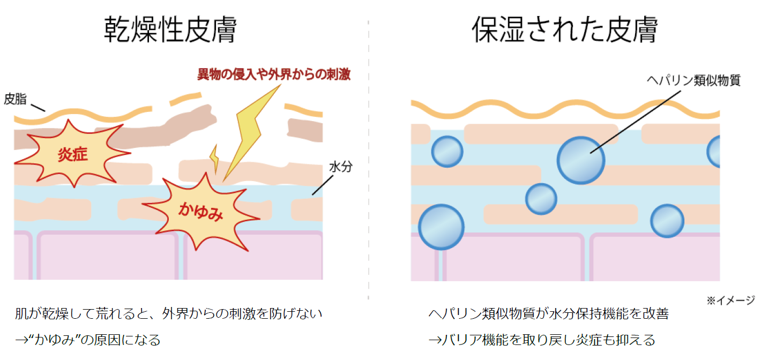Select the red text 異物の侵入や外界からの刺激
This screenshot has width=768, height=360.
[x=274, y=74]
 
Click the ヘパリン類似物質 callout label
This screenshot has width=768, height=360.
[x=694, y=81]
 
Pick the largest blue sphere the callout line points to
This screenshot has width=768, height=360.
[x=581, y=160]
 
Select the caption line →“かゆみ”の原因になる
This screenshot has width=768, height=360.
[x=88, y=340]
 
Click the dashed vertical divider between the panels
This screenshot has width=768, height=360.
[x=369, y=161]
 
